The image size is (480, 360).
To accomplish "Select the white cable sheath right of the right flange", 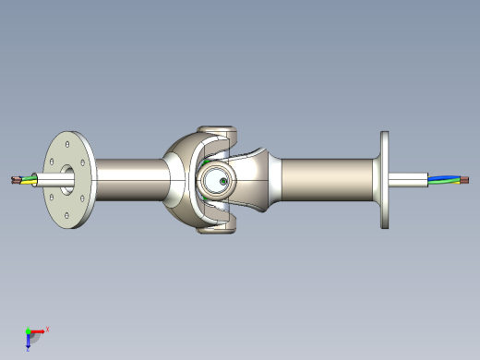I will point(411,179).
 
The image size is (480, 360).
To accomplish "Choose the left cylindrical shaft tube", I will point(129,179).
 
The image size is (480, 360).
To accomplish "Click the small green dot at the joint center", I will point(224,181).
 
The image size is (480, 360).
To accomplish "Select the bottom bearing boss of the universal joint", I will point(220,227).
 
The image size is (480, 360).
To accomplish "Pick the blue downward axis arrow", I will point(29,341).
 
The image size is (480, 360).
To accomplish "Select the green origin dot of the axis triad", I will point(27,330).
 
